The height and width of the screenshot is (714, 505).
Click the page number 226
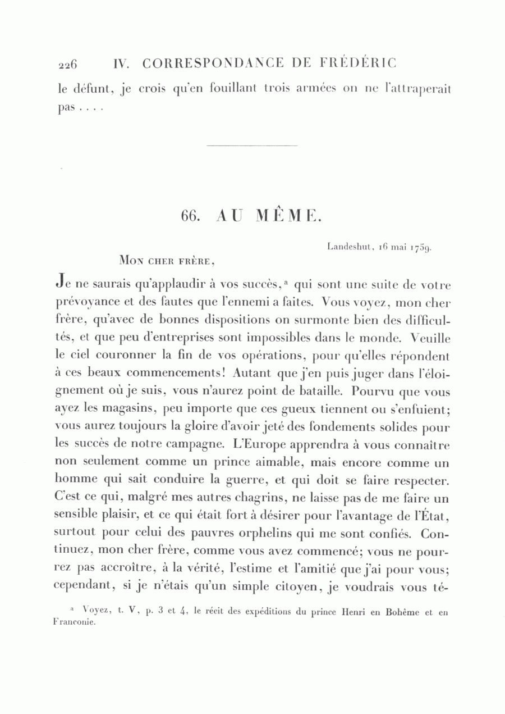67,64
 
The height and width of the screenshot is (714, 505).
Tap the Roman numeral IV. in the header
122,63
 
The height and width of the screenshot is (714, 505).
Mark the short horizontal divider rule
252,147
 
